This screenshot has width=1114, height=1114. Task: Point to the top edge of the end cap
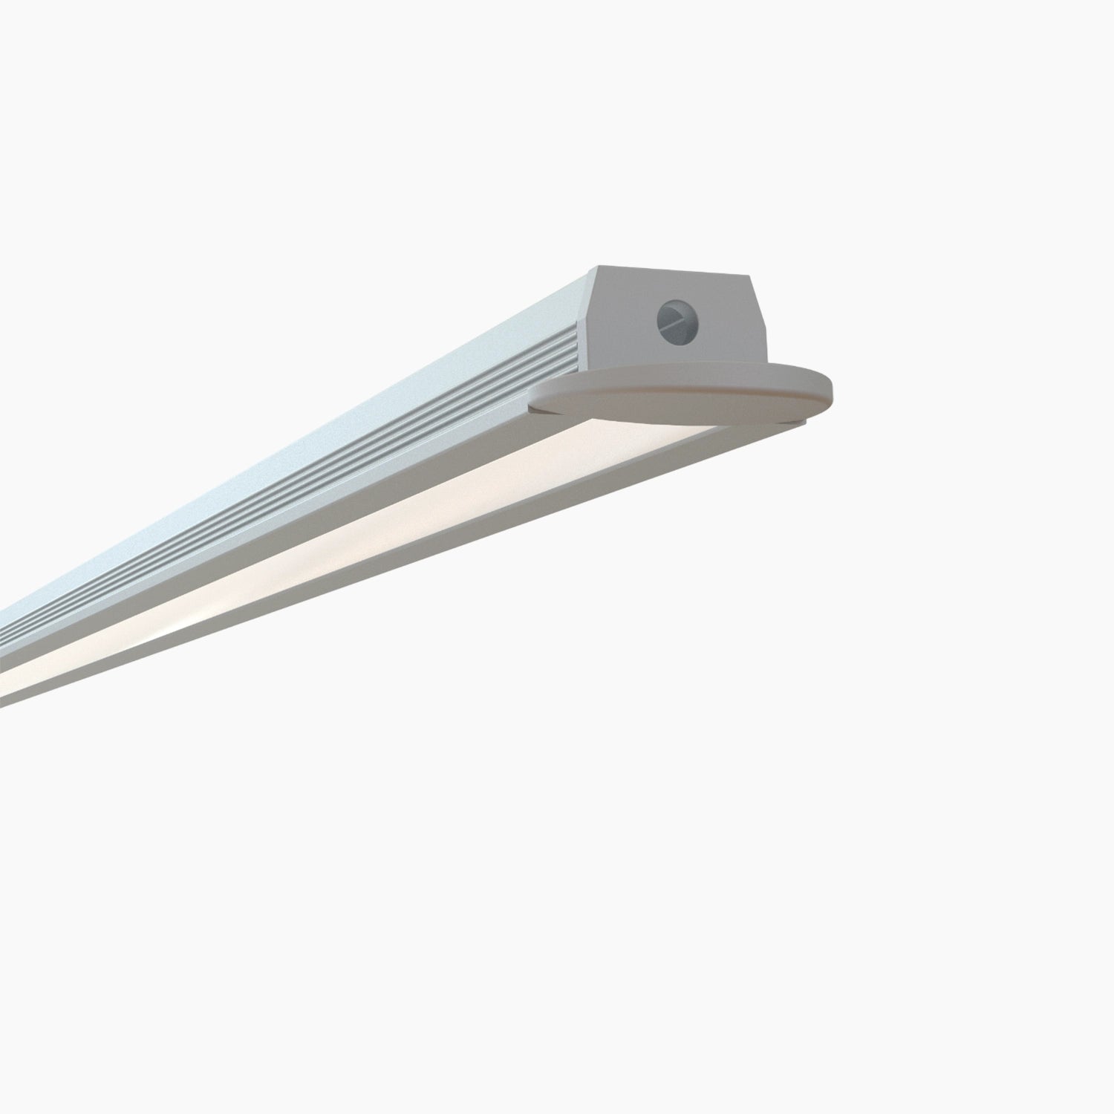(672, 270)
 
